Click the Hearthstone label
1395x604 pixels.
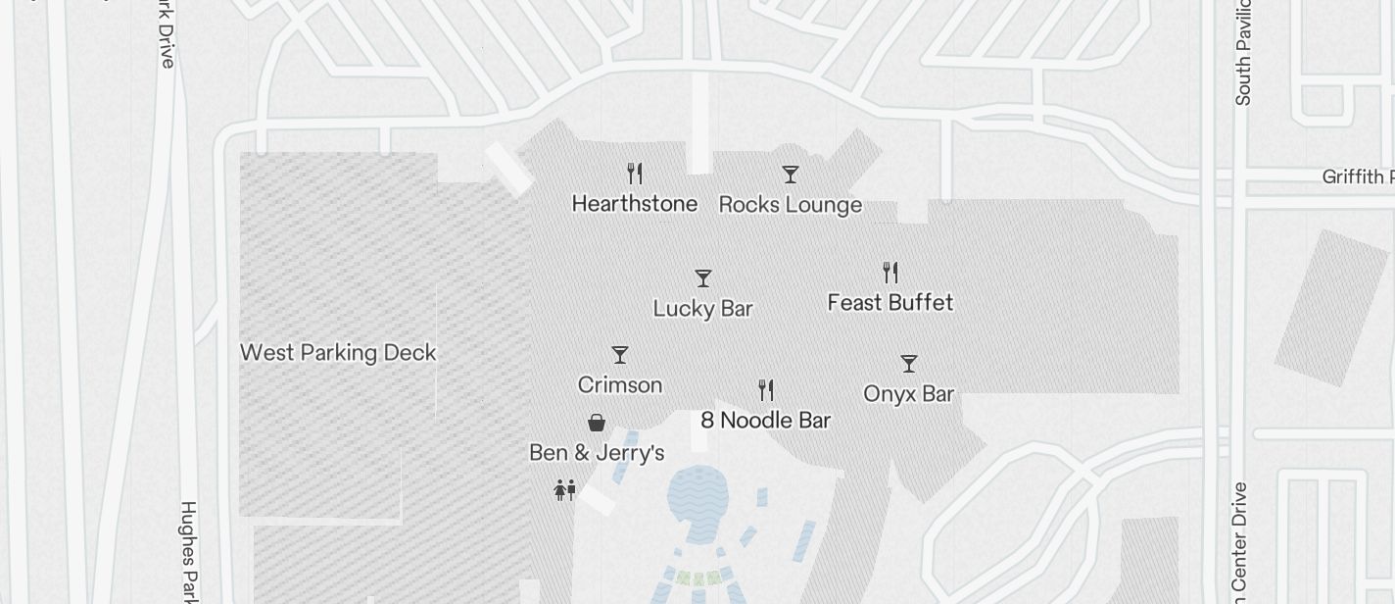pos(635,204)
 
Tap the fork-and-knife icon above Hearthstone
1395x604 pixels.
pos(635,174)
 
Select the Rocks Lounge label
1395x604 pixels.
pos(791,205)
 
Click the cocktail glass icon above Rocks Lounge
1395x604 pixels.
pos(791,175)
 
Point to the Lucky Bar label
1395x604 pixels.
pos(702,309)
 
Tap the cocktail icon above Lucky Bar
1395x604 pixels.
pos(702,278)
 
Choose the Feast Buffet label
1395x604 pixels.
pos(890,303)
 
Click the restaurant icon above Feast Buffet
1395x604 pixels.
pos(890,272)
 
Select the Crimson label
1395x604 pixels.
pos(620,385)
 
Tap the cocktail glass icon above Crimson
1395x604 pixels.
pos(620,355)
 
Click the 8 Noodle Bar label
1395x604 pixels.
pos(765,421)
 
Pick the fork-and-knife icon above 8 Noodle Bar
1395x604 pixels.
pos(766,390)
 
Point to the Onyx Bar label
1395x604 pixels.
pos(908,394)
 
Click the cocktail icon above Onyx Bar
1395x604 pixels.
pos(909,364)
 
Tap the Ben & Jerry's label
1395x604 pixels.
pos(597,453)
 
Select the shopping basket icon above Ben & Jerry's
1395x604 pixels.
pos(596,423)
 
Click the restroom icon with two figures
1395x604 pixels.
pos(564,489)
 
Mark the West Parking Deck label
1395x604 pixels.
pos(338,353)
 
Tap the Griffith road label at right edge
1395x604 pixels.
pos(1358,177)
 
